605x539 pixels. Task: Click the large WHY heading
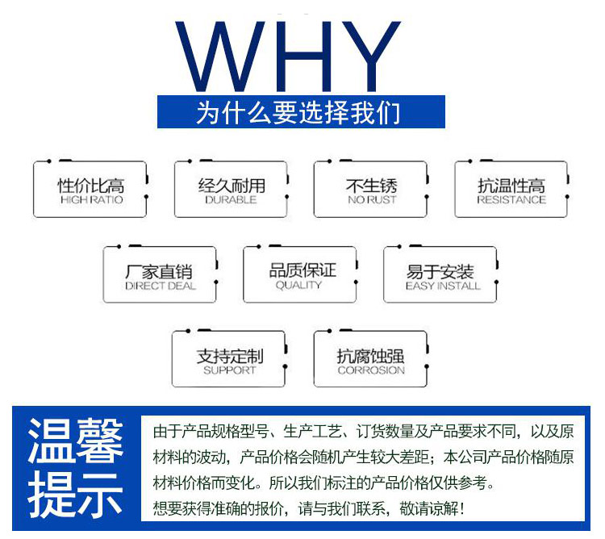point(288,56)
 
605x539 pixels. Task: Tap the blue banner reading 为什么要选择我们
point(301,112)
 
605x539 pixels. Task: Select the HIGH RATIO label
point(92,200)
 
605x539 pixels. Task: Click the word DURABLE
point(231,200)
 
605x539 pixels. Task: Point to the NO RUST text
point(372,200)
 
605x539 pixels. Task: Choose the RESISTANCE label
point(511,200)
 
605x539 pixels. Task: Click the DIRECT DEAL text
point(161,286)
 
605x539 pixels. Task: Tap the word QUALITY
point(298,285)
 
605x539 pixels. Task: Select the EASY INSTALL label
point(443,286)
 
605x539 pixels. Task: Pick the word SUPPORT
point(230,370)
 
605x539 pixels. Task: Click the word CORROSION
point(371,370)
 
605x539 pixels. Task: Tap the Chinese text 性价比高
point(91,186)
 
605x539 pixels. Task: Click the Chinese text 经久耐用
point(232,186)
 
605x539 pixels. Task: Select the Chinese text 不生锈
point(372,186)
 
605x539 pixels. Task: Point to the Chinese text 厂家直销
point(159,272)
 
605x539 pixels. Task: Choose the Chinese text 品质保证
point(302,270)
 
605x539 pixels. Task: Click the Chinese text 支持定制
point(230,356)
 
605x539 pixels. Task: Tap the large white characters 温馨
point(76,441)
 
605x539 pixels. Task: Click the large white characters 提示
point(76,495)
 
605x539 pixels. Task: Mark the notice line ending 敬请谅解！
point(308,508)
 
